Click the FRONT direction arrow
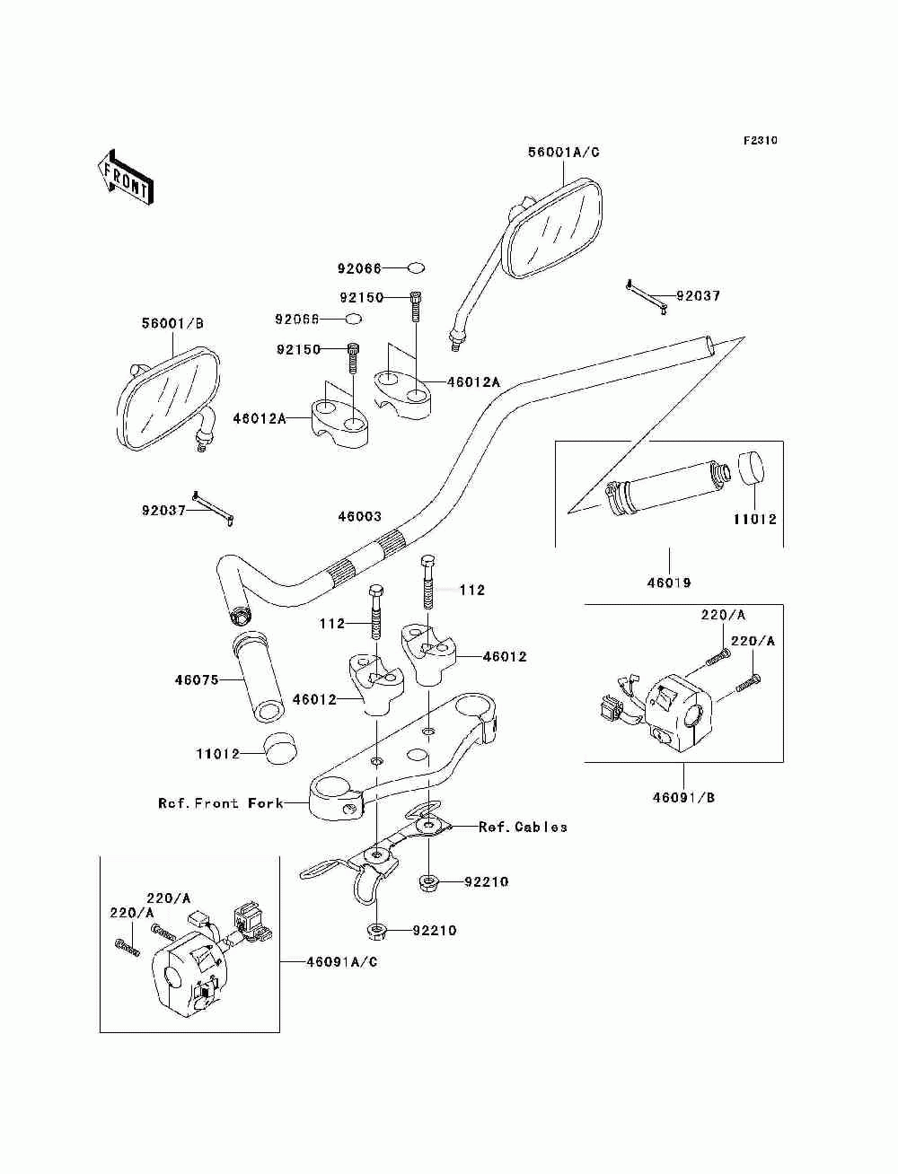pos(126,178)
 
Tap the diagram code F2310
pos(760,141)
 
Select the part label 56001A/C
pos(564,153)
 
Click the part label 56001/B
pos(172,324)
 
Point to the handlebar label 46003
pos(359,516)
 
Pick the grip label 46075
pos(197,679)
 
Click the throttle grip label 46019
pos(669,583)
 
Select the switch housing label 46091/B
pos(683,812)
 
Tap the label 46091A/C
pos(342,961)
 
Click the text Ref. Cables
pos(523,827)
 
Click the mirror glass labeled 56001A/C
pos(554,230)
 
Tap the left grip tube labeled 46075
pos(259,678)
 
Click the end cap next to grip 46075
pos(280,749)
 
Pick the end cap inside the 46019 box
pos(752,468)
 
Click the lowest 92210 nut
pos(377,931)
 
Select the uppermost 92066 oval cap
pos(417,267)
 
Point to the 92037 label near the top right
pos(698,296)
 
